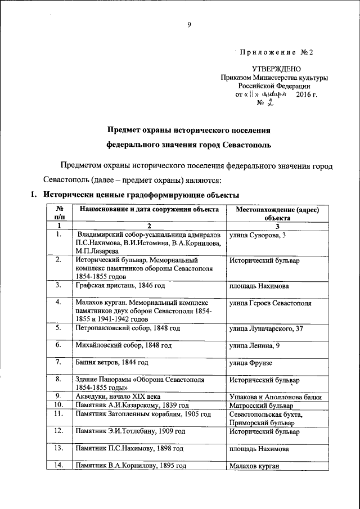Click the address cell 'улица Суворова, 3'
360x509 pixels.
tap(257, 234)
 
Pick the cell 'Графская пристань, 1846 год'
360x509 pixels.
tap(124, 285)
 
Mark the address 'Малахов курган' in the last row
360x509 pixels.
tap(254, 466)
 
